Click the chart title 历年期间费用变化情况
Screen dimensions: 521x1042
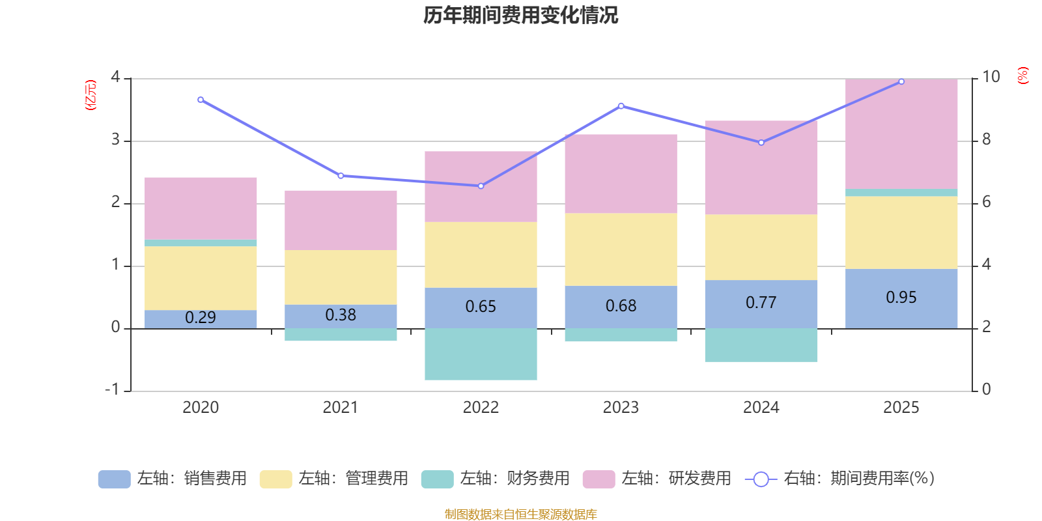coord(520,15)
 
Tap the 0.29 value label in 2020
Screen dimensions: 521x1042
coord(201,318)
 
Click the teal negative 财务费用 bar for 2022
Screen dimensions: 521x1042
coord(481,354)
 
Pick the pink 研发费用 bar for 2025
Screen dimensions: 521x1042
coord(901,134)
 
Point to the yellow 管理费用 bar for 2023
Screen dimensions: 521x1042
coord(621,249)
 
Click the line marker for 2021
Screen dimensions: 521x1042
coord(341,176)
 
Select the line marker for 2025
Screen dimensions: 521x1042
coord(901,82)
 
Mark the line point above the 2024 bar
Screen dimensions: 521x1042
coord(761,143)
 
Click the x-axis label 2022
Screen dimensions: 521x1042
coord(481,408)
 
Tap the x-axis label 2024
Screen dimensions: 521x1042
coord(761,408)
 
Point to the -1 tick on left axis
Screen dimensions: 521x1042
coord(112,389)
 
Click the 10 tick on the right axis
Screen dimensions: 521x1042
coord(991,77)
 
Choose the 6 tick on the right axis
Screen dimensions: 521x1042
coord(987,202)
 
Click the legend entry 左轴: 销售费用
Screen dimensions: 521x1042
coord(173,479)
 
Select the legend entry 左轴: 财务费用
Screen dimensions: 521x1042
coord(496,479)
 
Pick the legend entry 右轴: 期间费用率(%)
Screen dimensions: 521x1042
coord(840,479)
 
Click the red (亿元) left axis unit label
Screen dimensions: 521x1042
coord(91,95)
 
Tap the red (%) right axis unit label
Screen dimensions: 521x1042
coord(1022,76)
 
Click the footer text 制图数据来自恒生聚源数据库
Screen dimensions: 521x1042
coord(520,514)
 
